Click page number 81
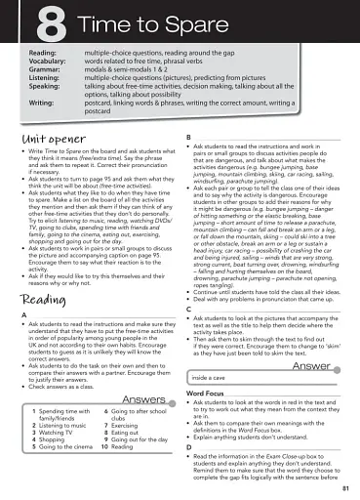(x=346, y=487)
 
